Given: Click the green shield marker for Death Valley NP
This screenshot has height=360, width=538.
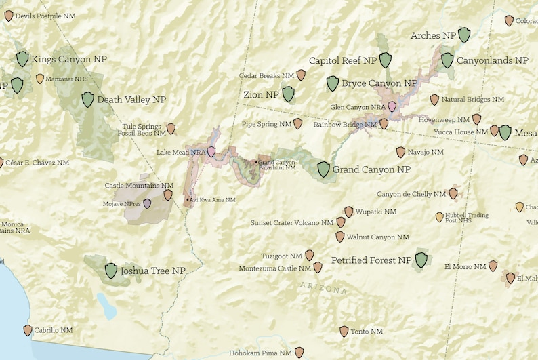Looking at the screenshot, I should tap(87, 100).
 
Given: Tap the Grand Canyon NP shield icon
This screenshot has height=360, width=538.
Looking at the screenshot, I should tap(324, 169).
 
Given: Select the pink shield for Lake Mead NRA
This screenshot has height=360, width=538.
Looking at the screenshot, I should tap(211, 152).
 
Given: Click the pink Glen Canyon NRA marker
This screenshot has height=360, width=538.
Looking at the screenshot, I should tap(392, 106).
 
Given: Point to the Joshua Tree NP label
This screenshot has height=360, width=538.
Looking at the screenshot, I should tap(152, 271).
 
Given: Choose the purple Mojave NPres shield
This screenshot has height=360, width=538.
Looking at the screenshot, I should tap(148, 203).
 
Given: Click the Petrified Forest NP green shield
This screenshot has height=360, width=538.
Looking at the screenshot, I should tap(421, 260).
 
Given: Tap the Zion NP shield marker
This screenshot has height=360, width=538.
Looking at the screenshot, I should tap(289, 94).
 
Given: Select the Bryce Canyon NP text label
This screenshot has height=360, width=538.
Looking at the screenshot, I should tap(379, 83).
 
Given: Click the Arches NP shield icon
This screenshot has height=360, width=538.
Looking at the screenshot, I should tap(464, 35).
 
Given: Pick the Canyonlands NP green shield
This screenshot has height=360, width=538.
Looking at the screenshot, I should tap(447, 60).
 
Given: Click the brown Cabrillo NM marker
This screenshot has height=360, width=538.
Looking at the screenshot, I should tap(28, 330).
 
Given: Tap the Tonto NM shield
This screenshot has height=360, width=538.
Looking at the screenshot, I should tap(344, 332).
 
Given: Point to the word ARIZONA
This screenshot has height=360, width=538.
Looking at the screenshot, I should tap(323, 289).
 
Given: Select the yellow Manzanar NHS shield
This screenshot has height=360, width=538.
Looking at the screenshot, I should tap(40, 79).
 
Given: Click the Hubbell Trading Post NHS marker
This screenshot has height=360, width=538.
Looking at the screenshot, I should tap(439, 217).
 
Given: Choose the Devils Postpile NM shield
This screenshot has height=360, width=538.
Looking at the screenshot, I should tap(9, 15).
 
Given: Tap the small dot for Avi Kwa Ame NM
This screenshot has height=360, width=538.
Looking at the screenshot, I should tap(188, 200).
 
